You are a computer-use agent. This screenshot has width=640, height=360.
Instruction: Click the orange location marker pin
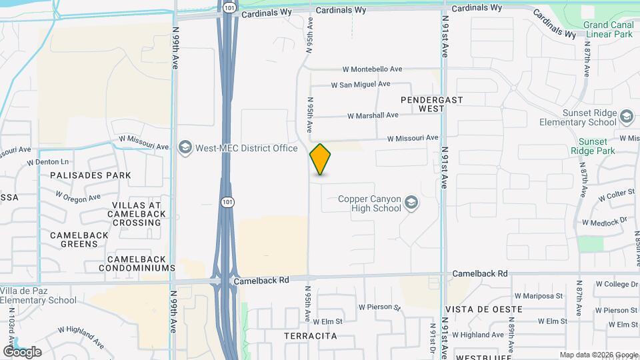[x=321, y=159]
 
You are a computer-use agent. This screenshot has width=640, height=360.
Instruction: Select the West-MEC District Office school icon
[x=185, y=148]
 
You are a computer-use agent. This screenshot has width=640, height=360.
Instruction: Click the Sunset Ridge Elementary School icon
[x=626, y=117]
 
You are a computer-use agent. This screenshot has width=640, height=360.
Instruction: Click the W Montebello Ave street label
[x=373, y=69]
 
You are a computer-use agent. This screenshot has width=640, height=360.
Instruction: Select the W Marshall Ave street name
[x=373, y=115]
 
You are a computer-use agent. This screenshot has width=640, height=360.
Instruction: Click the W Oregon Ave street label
[x=78, y=197]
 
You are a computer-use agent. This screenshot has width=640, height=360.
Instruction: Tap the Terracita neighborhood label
[x=311, y=336]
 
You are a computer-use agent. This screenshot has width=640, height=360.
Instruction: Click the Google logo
[x=22, y=351]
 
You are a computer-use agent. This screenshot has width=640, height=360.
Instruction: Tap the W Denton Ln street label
[x=48, y=162]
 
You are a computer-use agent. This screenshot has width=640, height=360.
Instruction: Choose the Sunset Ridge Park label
[x=592, y=146]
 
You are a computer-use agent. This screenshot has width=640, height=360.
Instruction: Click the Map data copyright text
[x=598, y=355]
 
